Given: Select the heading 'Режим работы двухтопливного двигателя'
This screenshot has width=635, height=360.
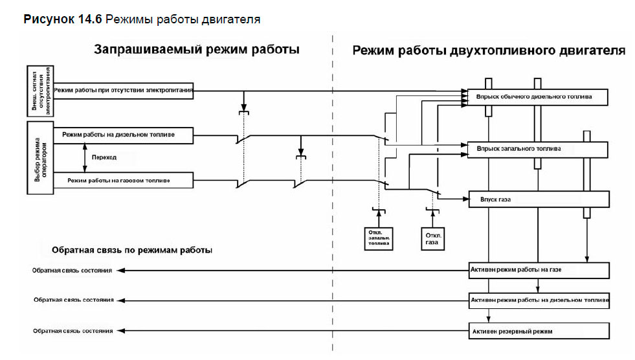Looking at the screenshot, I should [489, 50].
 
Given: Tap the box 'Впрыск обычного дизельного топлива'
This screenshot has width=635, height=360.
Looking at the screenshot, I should [538, 97].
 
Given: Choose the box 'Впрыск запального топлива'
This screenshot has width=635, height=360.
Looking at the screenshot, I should [538, 149].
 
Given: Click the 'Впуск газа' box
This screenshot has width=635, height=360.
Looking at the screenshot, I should [538, 199].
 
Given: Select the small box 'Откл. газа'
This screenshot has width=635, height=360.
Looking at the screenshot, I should [432, 238].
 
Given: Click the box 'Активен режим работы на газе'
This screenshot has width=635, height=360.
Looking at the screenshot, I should [538, 270].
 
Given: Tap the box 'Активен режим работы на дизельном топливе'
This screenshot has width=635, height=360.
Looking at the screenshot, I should [538, 301].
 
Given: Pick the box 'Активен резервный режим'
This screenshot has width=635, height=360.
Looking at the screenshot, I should [538, 331].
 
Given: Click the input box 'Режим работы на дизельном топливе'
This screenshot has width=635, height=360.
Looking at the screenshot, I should [123, 135].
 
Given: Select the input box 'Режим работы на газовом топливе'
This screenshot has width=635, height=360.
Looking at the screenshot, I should [123, 179].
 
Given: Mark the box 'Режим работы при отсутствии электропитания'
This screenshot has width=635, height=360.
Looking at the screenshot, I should [123, 90].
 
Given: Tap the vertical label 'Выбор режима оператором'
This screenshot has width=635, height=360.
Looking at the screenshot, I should [38, 157].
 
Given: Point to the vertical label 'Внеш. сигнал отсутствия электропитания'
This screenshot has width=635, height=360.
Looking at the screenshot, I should [39, 89].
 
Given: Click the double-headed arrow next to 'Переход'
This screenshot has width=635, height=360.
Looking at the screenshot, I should [85, 157].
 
